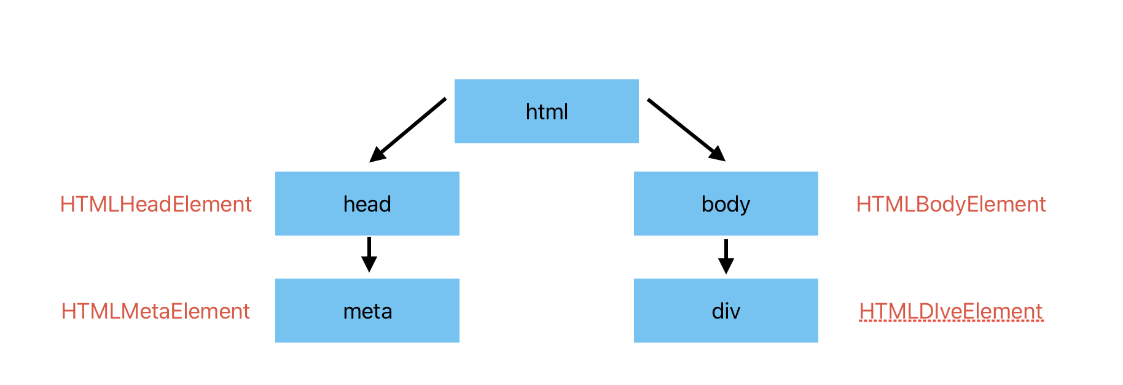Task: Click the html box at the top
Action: (x=547, y=111)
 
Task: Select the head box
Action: (x=367, y=204)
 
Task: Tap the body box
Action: (x=726, y=204)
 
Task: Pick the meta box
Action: (x=367, y=311)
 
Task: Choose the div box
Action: (x=726, y=311)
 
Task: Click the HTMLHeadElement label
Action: (x=156, y=204)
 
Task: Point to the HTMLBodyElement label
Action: (x=951, y=204)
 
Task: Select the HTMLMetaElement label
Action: (x=155, y=311)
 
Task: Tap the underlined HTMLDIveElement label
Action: (x=951, y=311)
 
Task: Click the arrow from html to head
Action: (x=407, y=130)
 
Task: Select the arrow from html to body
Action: (x=687, y=130)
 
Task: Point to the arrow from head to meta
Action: (x=369, y=255)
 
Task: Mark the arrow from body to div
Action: (x=726, y=256)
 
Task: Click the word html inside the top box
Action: (x=547, y=112)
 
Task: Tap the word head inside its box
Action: (x=367, y=204)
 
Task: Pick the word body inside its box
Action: (x=726, y=205)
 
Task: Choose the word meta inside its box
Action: (x=367, y=312)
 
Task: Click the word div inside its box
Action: (x=726, y=311)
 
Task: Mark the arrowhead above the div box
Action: (x=726, y=266)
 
